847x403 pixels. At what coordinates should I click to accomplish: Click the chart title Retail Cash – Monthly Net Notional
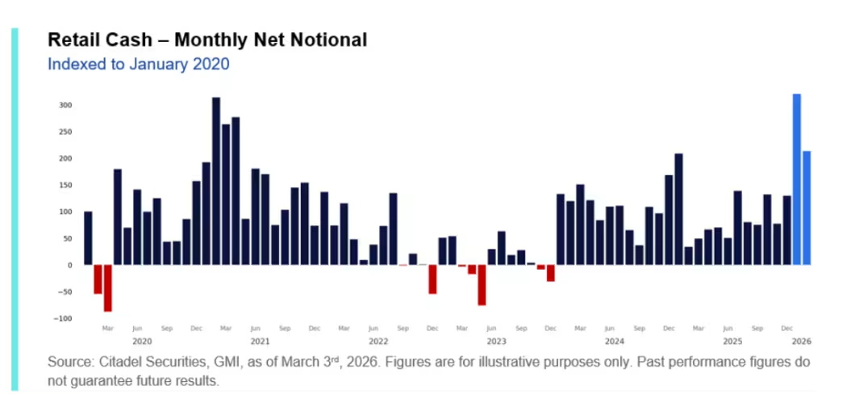click(207, 40)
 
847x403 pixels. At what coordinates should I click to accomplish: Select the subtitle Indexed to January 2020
click(139, 64)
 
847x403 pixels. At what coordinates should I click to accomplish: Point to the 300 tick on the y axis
click(65, 105)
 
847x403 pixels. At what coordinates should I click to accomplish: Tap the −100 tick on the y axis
click(63, 318)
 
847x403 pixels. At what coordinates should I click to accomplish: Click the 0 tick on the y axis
click(69, 265)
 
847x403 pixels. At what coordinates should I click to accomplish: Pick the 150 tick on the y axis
click(65, 185)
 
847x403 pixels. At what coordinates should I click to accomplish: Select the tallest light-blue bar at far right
click(797, 179)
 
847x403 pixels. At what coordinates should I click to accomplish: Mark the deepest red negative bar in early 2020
click(108, 288)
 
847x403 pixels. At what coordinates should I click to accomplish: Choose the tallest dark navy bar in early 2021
click(216, 181)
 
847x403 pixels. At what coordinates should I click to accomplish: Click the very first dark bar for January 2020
click(88, 238)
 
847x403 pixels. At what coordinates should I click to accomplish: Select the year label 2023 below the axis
click(496, 342)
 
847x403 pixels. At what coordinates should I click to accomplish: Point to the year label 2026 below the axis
click(801, 342)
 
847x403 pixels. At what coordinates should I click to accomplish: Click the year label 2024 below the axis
click(615, 342)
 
